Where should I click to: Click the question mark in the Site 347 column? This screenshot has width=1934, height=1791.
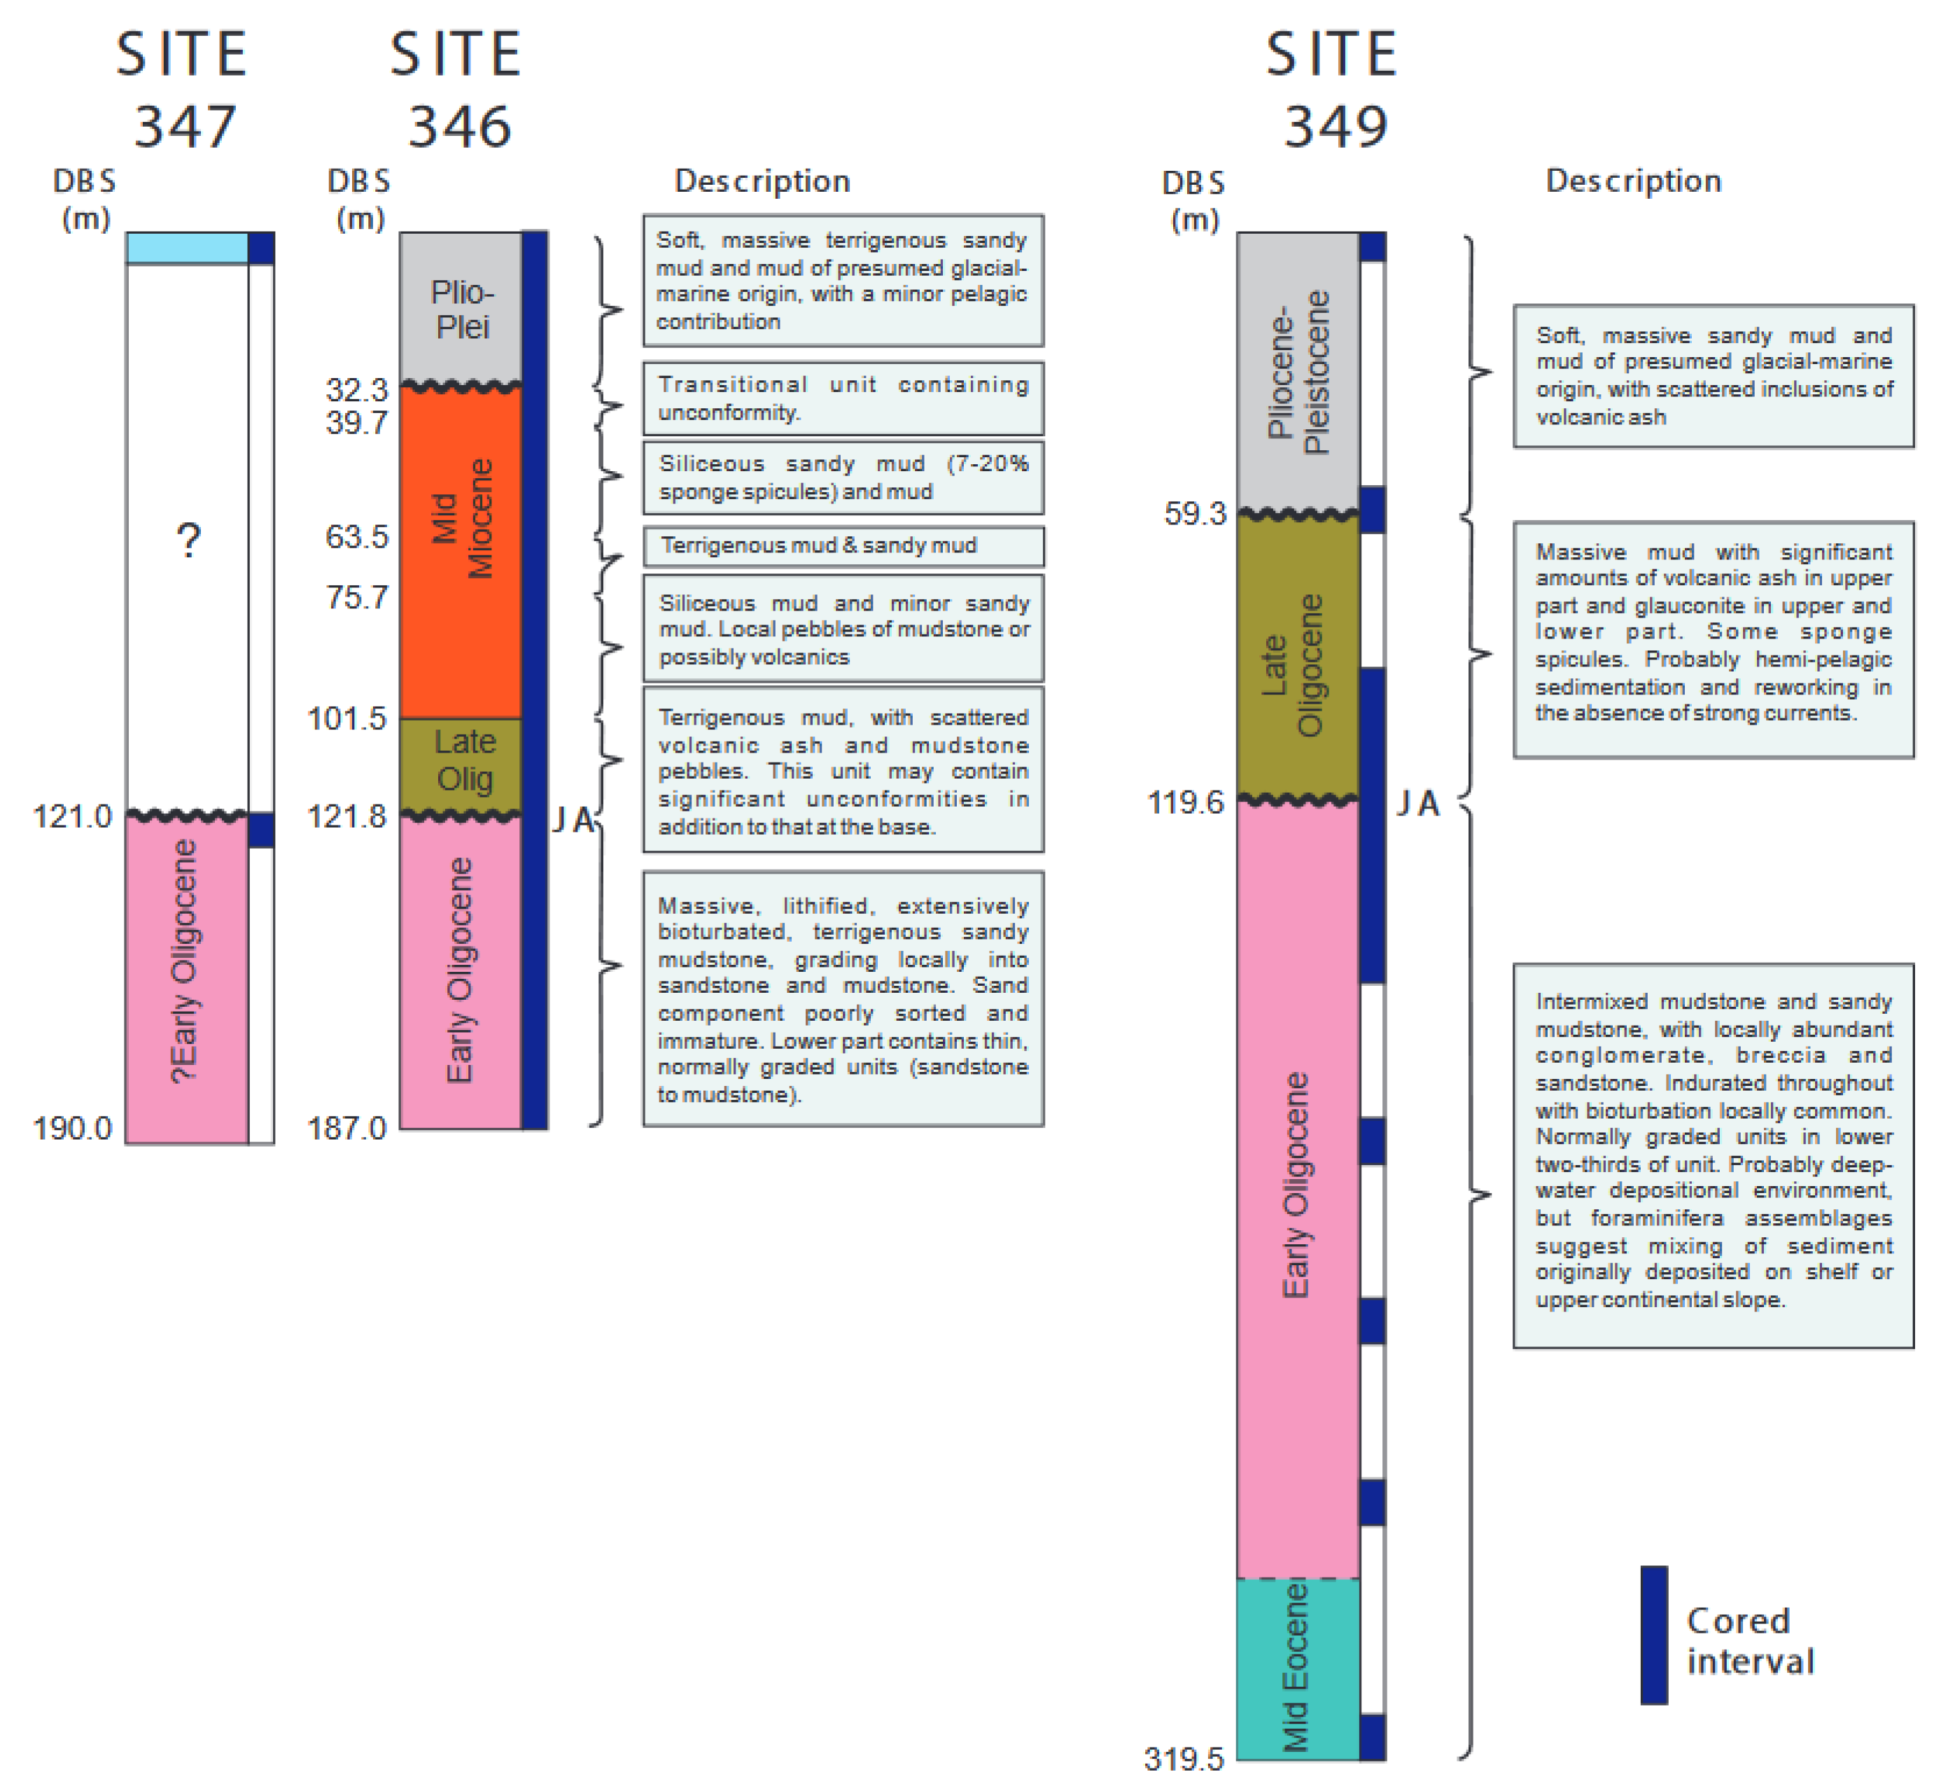pos(189,539)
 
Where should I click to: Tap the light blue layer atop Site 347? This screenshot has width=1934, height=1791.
pos(187,248)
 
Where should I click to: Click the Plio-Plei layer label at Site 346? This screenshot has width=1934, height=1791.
pos(462,309)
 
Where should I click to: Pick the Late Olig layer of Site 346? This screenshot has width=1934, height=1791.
pos(462,762)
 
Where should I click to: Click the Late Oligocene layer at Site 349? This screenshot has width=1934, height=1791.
pos(1296,659)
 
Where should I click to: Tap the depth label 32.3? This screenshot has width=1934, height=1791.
pos(356,389)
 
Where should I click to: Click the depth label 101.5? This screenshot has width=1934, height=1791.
pos(347,719)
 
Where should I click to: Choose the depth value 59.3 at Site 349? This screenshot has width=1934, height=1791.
pos(1195,514)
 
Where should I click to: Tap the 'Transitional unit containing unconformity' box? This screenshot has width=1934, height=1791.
pos(843,398)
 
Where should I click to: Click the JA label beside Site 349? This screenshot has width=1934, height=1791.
pos(1417,804)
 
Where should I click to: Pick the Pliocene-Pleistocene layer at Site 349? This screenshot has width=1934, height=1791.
pos(1296,373)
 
